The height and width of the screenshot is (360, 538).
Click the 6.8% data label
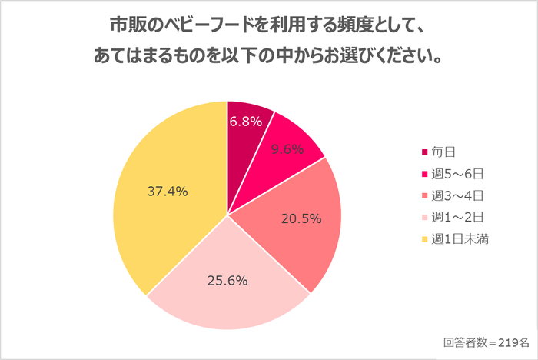coord(247,122)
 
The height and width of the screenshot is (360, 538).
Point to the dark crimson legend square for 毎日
coord(424,152)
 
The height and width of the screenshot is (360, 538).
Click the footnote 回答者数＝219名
coord(486,342)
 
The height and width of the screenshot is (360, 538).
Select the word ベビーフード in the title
coord(201,27)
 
